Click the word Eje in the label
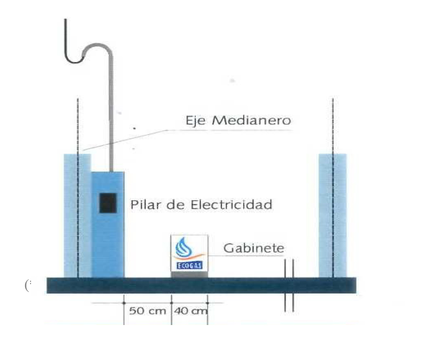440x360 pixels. (195, 121)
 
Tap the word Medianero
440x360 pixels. (251, 121)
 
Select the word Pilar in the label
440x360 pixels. (142, 204)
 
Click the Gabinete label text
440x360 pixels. (253, 248)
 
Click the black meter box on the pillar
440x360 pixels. (107, 203)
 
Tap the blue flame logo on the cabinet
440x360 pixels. (189, 248)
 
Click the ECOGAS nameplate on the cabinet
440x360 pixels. (189, 266)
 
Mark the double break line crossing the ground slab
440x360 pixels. (289, 286)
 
